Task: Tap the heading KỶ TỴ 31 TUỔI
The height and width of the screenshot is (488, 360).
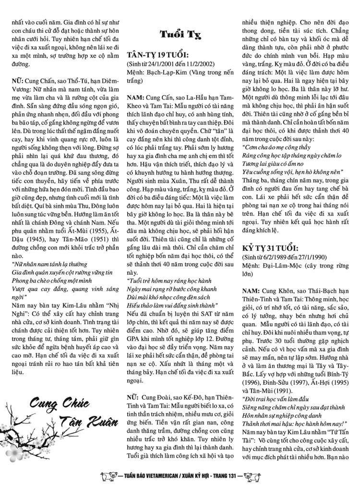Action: click(270, 248)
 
